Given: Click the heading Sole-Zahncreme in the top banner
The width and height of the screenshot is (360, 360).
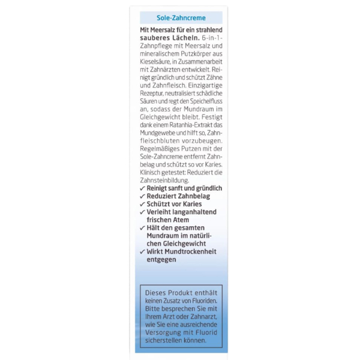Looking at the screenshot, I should [181, 18].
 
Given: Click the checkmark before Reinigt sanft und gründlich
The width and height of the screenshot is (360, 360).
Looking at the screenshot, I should [142, 188].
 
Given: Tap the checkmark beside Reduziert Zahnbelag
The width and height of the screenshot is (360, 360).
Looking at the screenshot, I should [142, 196].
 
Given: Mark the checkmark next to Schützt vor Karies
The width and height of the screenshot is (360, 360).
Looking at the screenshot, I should [142, 204].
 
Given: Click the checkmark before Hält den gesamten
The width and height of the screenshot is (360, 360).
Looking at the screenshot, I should [142, 229].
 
